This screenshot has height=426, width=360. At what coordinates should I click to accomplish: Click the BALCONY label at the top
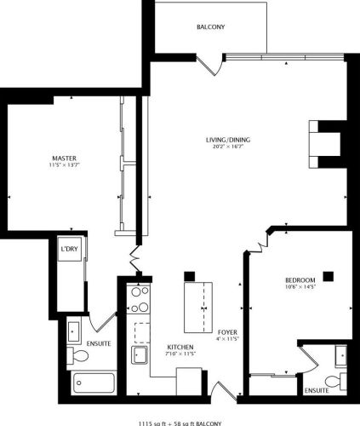tap(210, 27)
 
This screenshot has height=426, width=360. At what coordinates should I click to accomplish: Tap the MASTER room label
tap(60, 158)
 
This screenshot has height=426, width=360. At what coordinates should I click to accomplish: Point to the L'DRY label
tap(69, 250)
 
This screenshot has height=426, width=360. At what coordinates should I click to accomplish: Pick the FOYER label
tap(226, 331)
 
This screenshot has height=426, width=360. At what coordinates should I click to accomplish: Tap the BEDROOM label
tap(300, 281)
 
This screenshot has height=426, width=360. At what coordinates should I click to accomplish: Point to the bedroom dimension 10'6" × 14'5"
tap(300, 289)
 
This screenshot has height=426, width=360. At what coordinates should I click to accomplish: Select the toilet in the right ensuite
tap(334, 379)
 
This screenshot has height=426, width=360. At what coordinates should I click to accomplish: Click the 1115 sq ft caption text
tap(180, 421)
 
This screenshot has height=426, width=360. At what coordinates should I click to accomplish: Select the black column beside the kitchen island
tap(190, 276)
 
